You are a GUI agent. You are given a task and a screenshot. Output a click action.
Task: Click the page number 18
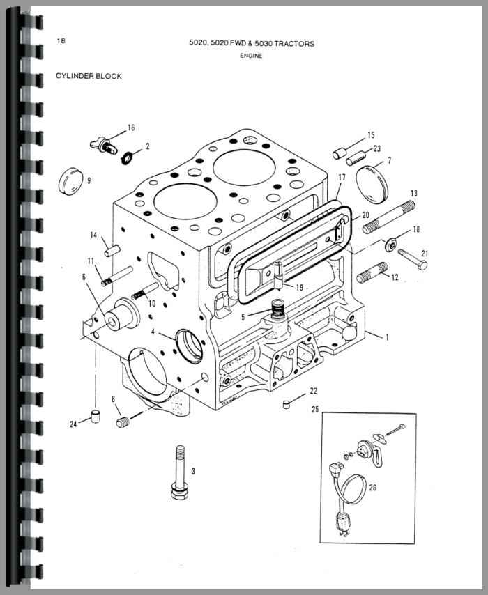point(61,40)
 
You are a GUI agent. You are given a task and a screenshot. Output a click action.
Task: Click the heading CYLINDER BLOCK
point(89,76)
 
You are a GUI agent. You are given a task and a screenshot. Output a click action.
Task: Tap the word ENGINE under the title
point(251,56)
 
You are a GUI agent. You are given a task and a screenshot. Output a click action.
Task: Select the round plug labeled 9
point(70,181)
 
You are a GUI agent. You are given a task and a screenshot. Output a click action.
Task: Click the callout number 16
point(131,128)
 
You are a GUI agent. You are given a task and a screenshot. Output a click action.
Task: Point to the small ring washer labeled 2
point(127,157)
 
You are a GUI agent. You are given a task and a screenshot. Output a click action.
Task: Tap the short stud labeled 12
point(372,272)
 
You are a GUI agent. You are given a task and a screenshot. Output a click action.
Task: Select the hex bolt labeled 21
point(413,258)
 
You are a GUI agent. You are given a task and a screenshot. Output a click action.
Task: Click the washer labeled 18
point(391,244)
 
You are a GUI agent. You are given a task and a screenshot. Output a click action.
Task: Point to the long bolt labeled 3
point(181,472)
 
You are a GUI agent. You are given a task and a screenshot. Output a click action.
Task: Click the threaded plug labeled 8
point(123,422)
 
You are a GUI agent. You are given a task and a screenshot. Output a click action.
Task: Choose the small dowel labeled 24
point(96,416)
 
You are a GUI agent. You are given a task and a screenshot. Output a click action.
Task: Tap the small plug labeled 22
point(287,405)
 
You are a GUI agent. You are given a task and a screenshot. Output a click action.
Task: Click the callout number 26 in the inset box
point(372,487)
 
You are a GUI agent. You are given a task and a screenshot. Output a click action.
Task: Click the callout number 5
point(243,317)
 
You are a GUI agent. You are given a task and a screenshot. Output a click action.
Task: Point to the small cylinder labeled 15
point(339,153)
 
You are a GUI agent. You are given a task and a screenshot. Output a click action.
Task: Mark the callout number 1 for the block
point(387,337)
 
